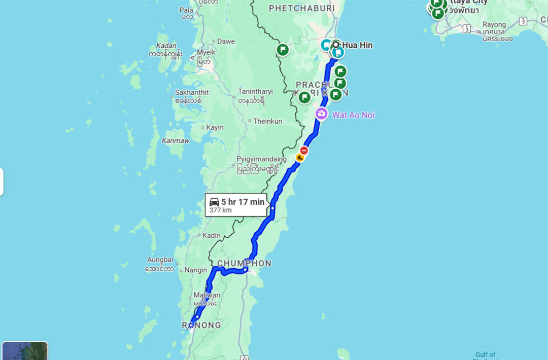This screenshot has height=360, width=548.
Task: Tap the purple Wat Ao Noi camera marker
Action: tap(321, 114)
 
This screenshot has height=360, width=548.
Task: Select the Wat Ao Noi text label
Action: tap(353, 115)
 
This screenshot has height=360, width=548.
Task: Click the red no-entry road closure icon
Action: tap(304, 151)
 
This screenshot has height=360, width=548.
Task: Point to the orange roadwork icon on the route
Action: tap(300, 158)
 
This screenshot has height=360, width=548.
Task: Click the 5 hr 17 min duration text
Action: tap(243, 202)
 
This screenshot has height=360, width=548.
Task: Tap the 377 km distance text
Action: tap(220, 210)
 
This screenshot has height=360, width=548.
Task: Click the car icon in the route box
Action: tap(214, 202)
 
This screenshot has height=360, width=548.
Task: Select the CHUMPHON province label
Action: tap(245, 263)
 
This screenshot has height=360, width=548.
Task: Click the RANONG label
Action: tap(202, 325)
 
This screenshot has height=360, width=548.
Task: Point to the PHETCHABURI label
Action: tap(301, 8)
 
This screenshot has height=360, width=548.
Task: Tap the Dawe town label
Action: tap(226, 42)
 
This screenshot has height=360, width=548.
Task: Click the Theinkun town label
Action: tap(267, 121)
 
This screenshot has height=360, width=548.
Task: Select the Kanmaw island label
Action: tap(176, 140)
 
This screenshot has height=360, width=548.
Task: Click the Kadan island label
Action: tap(167, 46)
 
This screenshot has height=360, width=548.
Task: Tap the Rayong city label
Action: tap(494, 24)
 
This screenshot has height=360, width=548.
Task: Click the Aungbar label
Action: tap(160, 260)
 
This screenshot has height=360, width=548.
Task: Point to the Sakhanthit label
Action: tap(188, 92)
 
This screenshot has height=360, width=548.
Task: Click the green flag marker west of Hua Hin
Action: tap(283, 50)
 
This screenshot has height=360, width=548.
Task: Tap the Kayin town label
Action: tap(215, 127)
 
